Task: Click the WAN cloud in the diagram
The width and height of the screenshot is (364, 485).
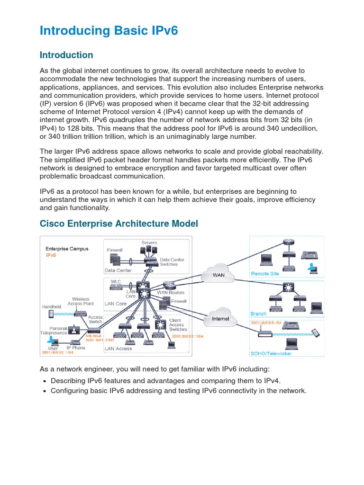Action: [218, 275]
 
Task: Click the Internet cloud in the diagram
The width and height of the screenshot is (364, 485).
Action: [220, 319]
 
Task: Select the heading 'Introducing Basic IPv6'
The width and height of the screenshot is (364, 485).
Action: [109, 31]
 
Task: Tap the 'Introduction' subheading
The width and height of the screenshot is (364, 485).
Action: [66, 55]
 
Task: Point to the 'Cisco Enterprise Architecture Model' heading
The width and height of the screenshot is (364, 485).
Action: [119, 223]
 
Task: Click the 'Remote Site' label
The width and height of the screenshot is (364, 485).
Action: [264, 273]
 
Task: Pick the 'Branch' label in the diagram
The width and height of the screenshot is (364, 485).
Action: [258, 314]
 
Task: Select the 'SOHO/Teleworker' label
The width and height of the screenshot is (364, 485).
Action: [271, 353]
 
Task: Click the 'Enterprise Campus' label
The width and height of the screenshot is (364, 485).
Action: [67, 248]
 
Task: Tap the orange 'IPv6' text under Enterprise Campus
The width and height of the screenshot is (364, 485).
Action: [51, 255]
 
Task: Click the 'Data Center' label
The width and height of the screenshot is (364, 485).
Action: [118, 270]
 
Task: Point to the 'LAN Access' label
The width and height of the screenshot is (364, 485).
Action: [118, 349]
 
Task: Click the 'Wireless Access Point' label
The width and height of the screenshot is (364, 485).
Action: [81, 301]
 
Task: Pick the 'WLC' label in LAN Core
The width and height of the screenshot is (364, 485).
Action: [116, 281]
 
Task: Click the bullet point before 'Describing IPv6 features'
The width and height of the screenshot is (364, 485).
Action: [44, 381]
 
